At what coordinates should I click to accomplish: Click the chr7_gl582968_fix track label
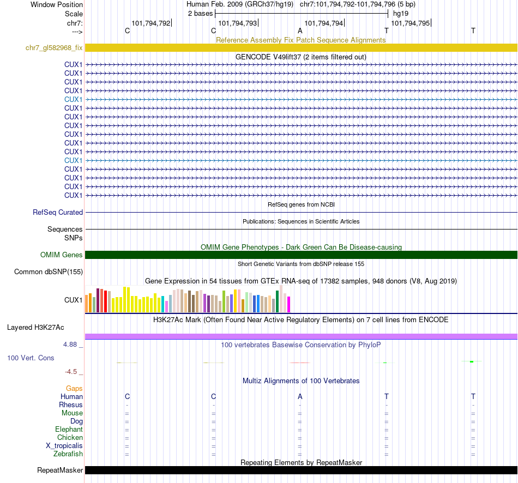coord(54,48)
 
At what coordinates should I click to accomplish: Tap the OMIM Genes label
coord(62,255)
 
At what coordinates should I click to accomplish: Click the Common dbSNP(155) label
coord(49,272)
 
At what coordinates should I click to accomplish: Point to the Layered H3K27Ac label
coord(35,328)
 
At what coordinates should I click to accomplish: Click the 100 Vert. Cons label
coord(31,358)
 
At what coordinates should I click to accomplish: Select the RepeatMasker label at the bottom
coord(60,470)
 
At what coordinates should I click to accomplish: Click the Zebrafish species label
coord(68,454)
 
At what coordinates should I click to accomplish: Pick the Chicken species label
coord(70,438)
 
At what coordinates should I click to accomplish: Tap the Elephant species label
coord(69,430)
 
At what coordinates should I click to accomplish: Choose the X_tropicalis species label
coord(64,446)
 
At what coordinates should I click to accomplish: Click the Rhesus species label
coord(71,405)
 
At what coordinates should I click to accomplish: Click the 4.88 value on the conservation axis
coord(71,345)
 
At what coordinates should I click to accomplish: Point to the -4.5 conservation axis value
coord(71,372)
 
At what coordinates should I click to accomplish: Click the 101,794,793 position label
coord(237,23)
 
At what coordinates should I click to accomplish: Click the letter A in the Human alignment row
coord(300,396)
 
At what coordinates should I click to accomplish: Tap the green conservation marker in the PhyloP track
coord(471,361)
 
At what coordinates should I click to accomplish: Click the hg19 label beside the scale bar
coord(401,13)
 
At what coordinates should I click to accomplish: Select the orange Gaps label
coord(74,389)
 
